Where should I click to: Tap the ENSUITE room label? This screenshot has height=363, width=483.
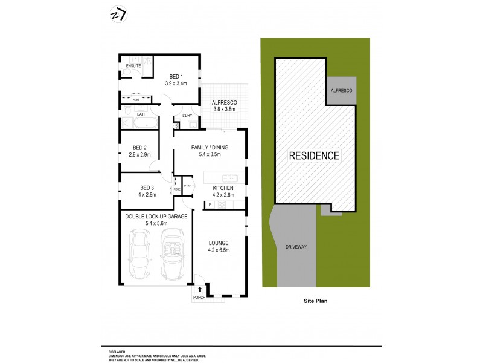(x=133, y=65)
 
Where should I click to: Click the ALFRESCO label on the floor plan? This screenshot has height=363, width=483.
(x=224, y=103)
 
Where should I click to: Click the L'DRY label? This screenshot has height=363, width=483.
(x=187, y=116)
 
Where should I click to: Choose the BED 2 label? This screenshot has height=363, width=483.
(x=139, y=148)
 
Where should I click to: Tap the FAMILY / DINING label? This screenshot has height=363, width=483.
(x=210, y=147)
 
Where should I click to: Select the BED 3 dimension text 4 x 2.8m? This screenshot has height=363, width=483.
(x=147, y=195)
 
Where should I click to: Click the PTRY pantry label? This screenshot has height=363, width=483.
(x=187, y=186)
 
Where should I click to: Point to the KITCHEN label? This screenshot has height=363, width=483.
(x=223, y=188)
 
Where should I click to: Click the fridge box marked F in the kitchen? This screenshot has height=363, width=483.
(x=210, y=206)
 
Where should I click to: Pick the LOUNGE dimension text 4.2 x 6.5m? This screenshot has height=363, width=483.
(x=219, y=249)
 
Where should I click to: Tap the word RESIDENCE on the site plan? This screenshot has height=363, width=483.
(x=314, y=155)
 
